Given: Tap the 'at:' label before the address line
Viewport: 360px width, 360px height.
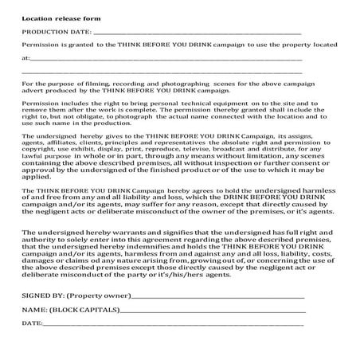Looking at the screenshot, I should point(26,58).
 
